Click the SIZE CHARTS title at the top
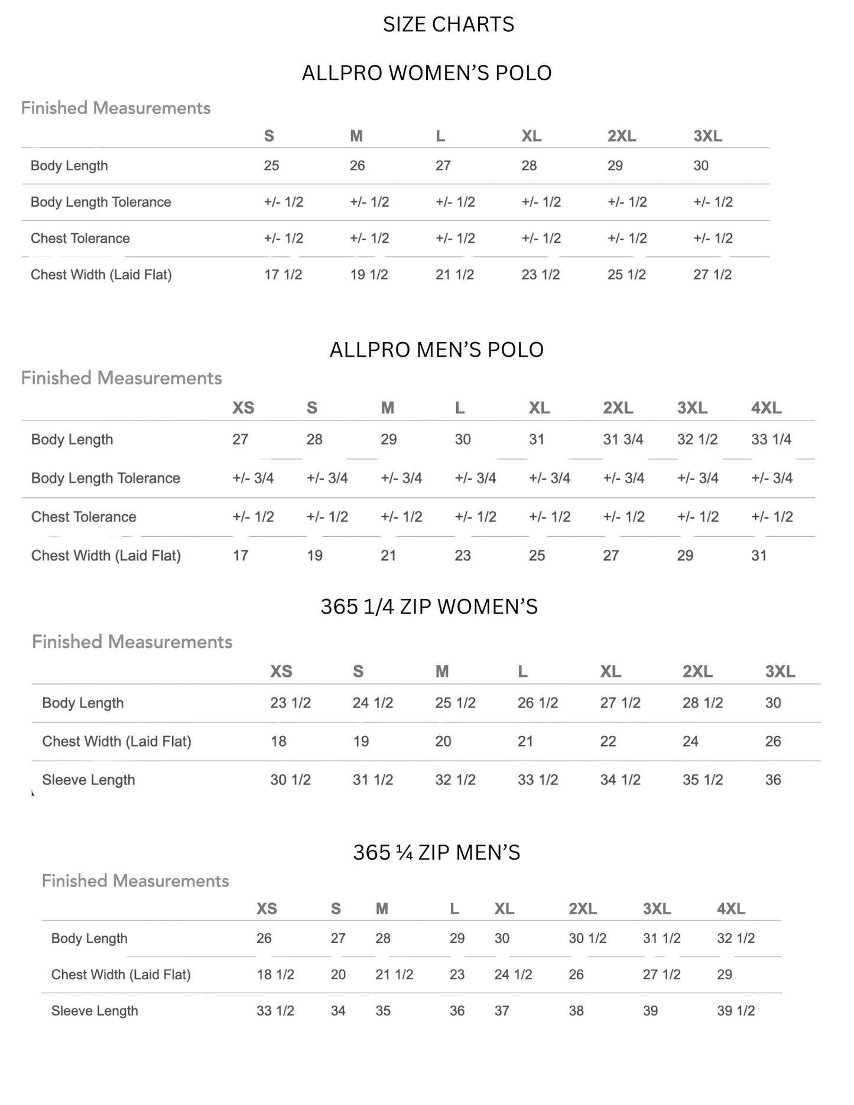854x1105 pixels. click(x=448, y=24)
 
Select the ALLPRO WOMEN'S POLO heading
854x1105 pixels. click(x=427, y=73)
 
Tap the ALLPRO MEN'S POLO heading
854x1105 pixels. click(x=436, y=350)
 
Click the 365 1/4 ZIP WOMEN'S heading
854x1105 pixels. click(x=429, y=607)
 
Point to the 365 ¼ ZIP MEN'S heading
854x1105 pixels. click(x=436, y=852)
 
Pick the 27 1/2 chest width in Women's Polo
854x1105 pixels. click(x=712, y=275)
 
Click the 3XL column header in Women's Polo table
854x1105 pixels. click(x=707, y=136)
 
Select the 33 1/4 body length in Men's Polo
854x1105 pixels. click(x=771, y=439)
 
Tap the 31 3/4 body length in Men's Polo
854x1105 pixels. click(x=623, y=439)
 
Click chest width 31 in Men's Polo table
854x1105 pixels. click(x=759, y=555)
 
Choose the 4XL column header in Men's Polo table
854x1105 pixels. click(x=766, y=408)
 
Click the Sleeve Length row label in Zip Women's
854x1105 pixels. click(x=89, y=780)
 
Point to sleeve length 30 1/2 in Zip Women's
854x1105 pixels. click(x=290, y=780)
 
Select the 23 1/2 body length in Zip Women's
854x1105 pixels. click(x=290, y=703)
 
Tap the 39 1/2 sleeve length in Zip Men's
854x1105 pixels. click(x=736, y=1011)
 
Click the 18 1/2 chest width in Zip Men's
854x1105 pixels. click(x=275, y=974)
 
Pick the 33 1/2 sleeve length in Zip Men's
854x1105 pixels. click(x=275, y=1011)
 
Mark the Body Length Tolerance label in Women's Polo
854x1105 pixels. click(x=100, y=202)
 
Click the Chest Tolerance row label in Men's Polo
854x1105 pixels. click(x=83, y=517)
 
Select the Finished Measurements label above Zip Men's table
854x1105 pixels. click(x=135, y=881)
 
